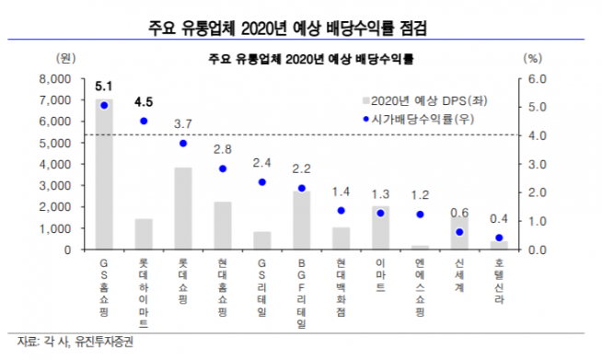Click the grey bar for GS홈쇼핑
(104, 174)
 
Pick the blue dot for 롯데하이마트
(144, 121)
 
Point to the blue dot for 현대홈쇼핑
(223, 168)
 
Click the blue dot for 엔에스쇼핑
(421, 215)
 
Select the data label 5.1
(104, 87)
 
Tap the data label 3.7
(183, 124)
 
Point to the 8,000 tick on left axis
(54, 79)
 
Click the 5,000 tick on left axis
(54, 143)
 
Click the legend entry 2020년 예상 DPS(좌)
(423, 100)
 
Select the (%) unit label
(532, 59)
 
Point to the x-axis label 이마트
(381, 276)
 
